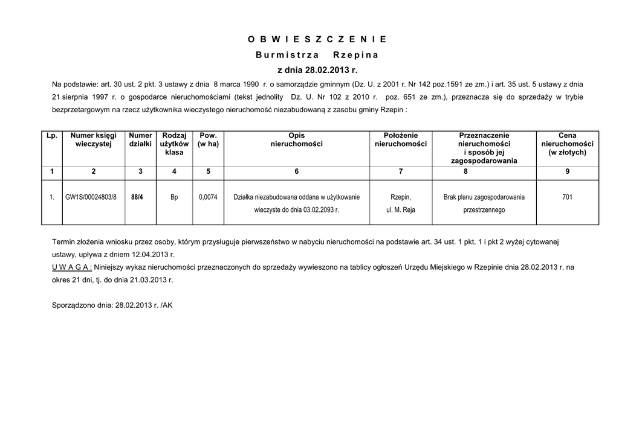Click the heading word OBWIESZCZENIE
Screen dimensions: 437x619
click(317, 40)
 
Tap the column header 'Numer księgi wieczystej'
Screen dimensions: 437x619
click(93, 140)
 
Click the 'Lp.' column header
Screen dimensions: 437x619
click(52, 136)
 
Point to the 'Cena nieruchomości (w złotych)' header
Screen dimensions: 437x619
click(567, 144)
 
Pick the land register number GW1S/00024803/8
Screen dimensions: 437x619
click(91, 197)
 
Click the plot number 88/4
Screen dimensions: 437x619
click(137, 197)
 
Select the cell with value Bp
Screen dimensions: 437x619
click(174, 197)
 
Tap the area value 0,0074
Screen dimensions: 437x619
click(208, 197)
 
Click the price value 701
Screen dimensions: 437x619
click(567, 197)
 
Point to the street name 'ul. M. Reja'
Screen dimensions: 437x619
click(401, 210)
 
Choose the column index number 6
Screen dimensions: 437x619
click(296, 172)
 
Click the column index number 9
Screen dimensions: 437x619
click(567, 172)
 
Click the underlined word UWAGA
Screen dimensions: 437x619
click(72, 267)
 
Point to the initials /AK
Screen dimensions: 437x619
click(167, 305)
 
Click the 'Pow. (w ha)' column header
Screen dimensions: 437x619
click(208, 140)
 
